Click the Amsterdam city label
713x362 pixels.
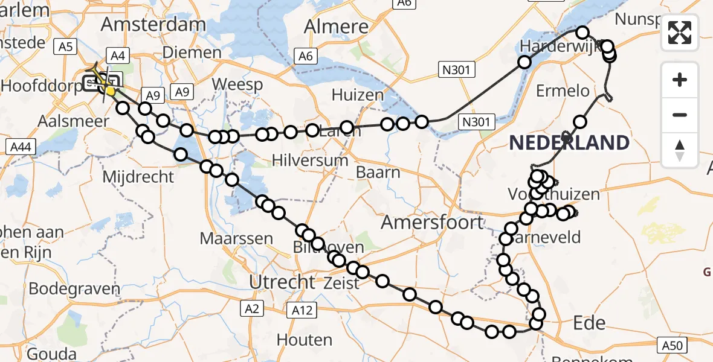(x=153, y=25)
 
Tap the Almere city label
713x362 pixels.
(x=337, y=27)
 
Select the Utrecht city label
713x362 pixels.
(x=283, y=282)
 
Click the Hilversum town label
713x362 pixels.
(x=310, y=160)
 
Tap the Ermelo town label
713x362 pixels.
(x=563, y=91)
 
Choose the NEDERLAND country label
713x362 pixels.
(x=569, y=143)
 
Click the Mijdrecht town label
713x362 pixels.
(x=138, y=177)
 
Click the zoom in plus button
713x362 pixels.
(x=680, y=80)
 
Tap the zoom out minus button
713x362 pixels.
(x=680, y=115)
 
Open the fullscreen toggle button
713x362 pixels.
(x=680, y=33)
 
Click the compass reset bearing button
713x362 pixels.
(x=680, y=150)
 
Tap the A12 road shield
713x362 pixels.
(x=302, y=310)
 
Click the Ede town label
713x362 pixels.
(x=589, y=323)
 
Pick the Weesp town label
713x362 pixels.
(x=228, y=83)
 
